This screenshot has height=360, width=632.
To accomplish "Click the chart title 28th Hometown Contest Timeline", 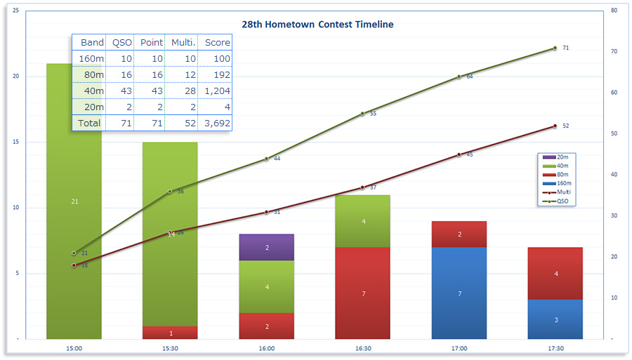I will (x=317, y=25).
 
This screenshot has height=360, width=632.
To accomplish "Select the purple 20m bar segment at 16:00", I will (x=267, y=247).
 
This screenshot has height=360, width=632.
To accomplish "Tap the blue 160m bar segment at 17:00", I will (x=460, y=293).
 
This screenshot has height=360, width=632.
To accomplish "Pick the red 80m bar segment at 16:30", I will (x=364, y=293).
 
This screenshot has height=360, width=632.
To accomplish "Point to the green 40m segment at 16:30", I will (x=364, y=221).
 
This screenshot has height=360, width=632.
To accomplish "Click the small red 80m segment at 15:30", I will (x=171, y=333).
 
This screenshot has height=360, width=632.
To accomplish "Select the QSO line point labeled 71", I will (x=555, y=48).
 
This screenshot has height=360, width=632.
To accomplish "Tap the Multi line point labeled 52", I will (x=555, y=126).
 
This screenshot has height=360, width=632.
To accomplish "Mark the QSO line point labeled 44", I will (x=267, y=159).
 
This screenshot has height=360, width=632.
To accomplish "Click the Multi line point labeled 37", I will (x=363, y=187).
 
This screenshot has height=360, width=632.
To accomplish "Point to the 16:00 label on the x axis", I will (x=267, y=348).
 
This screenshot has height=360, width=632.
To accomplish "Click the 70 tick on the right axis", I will (x=614, y=52).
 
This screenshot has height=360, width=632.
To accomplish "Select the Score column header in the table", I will (x=217, y=42).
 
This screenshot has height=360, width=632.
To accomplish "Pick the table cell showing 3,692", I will (x=217, y=123).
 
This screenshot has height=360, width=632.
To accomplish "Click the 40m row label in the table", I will (x=92, y=91).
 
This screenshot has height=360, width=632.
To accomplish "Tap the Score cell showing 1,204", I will (x=217, y=91).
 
